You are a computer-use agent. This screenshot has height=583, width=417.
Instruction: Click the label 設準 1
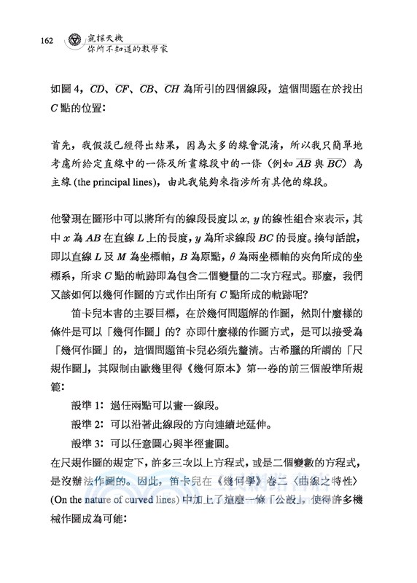89,404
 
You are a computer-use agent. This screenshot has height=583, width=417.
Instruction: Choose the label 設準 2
89,423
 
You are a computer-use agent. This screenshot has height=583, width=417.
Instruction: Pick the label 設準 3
89,442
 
